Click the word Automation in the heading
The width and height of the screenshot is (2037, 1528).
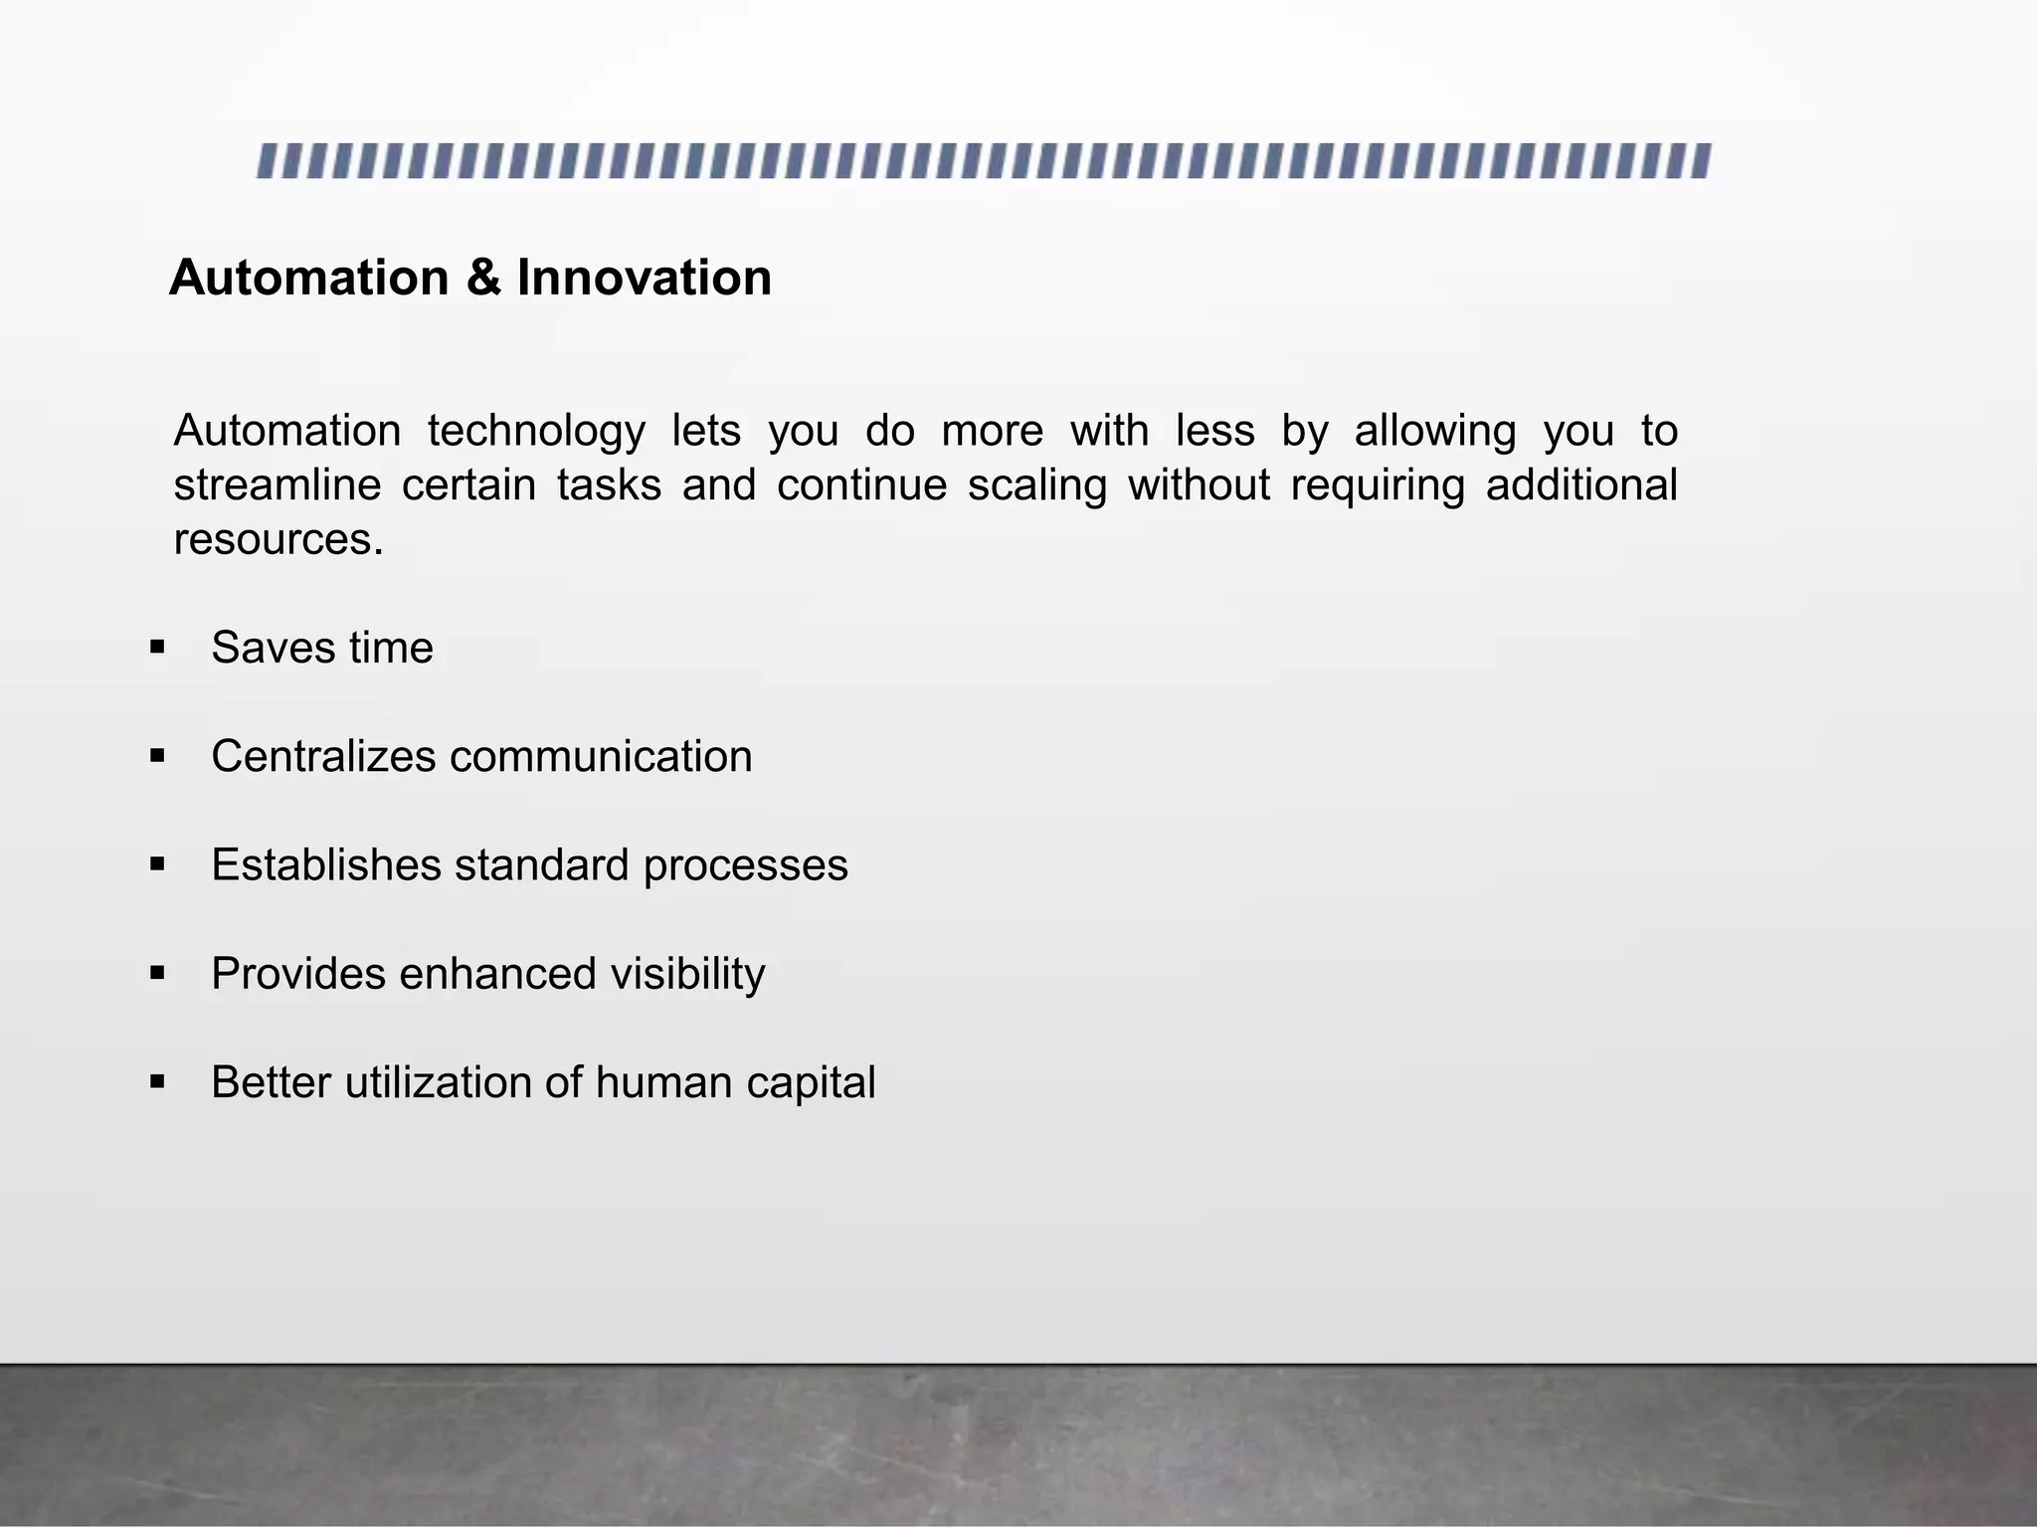pos(308,278)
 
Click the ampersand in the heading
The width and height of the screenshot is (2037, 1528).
pos(483,278)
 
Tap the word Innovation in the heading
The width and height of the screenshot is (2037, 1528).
pos(644,278)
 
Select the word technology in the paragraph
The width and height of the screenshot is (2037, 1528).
pos(536,432)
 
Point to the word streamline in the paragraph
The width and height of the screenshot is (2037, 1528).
pos(278,485)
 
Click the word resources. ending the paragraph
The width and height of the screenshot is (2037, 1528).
pos(278,540)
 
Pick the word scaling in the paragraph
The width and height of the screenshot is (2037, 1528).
pos(1036,485)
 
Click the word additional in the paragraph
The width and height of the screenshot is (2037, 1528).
pos(1581,485)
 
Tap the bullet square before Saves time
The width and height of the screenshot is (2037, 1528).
pos(157,648)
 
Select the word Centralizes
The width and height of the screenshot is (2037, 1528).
pos(323,756)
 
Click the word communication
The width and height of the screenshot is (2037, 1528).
pos(601,756)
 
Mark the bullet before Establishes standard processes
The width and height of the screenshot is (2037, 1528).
pos(157,864)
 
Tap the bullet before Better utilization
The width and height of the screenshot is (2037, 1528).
pos(157,1082)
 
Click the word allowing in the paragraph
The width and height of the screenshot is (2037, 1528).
pos(1434,432)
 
